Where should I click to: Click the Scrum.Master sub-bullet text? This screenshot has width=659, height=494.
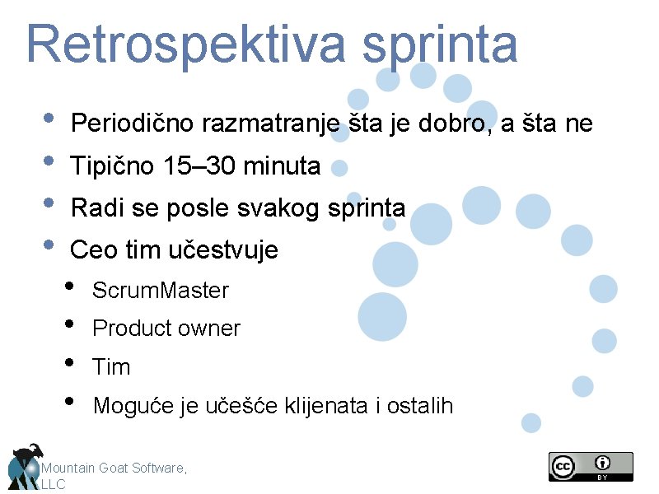coord(161,291)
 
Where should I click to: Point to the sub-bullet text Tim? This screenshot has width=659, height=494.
coord(111,367)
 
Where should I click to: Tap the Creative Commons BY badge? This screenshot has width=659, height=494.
coord(591,466)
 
